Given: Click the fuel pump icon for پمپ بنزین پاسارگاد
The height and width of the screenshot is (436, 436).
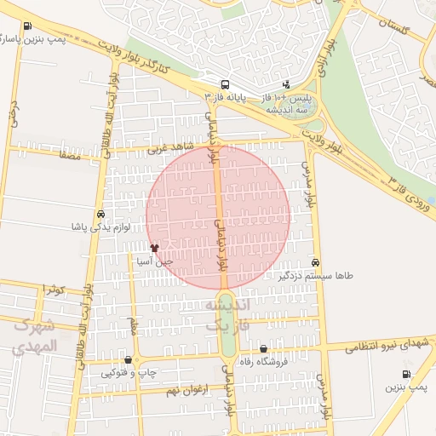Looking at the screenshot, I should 29,26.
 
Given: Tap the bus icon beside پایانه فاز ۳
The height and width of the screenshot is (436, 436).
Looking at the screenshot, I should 224,84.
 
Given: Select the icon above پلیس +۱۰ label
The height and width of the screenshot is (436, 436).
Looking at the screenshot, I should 286,84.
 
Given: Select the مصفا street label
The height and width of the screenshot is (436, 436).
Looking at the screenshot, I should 70,156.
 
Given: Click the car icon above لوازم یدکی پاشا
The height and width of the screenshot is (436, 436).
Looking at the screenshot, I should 101,214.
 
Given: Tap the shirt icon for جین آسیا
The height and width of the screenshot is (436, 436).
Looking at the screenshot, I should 154,248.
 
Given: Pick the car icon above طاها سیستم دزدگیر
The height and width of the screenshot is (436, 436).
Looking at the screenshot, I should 316,262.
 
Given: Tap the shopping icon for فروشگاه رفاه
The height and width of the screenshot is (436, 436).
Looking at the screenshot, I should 263,348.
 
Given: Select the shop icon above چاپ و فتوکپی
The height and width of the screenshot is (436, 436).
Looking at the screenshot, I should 128,359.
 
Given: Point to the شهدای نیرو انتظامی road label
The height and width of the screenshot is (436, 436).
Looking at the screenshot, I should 387,343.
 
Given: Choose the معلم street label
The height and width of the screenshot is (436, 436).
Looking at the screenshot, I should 133,325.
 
